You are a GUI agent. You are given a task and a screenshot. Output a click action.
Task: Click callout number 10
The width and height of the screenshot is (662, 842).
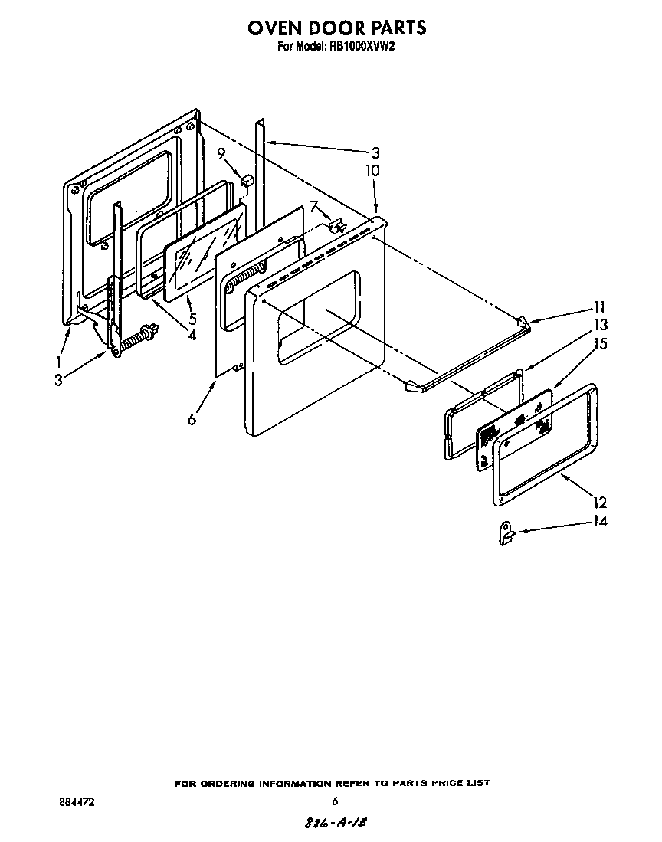(372, 171)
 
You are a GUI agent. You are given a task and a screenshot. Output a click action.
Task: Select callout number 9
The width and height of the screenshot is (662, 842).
(221, 153)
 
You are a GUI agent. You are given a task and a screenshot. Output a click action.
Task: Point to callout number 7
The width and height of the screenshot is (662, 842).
(313, 205)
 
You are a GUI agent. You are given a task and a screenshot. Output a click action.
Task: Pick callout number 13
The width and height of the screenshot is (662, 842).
(599, 324)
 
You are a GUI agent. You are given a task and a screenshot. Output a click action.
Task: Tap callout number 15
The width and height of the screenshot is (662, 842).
(599, 344)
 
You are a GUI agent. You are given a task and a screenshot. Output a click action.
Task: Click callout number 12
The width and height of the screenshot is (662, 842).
(599, 503)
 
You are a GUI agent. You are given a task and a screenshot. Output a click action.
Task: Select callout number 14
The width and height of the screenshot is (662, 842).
(599, 522)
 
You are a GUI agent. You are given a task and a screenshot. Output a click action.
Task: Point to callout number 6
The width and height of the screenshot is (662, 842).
(192, 419)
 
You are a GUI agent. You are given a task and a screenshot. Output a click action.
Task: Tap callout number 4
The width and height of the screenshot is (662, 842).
(192, 335)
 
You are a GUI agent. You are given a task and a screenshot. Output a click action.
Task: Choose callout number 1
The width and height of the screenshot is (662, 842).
(60, 360)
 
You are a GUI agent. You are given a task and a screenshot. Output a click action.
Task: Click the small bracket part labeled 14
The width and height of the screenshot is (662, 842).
(504, 532)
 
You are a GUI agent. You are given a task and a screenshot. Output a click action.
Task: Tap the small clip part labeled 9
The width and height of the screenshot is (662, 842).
(247, 181)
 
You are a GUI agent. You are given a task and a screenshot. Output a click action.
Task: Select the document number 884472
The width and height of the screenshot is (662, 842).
(77, 802)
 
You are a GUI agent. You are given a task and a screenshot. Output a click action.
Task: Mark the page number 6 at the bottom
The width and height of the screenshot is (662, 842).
(335, 802)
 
